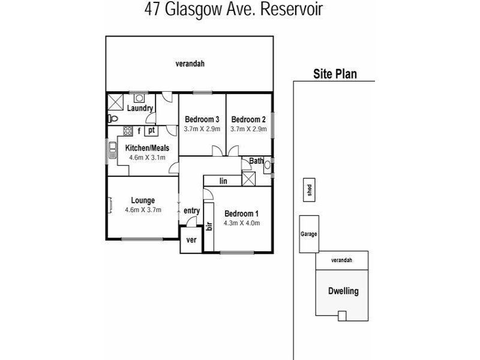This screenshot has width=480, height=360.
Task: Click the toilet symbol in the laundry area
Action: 113,118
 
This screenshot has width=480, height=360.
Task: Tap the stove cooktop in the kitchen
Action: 128,131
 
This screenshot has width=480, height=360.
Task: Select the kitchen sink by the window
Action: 113,151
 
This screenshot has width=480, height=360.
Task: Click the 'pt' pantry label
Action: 151,130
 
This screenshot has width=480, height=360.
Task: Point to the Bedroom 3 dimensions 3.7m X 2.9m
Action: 202,129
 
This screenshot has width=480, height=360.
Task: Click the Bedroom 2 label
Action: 248,119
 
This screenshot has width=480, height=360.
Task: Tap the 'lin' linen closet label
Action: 223,181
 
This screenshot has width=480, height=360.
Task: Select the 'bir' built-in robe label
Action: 209,226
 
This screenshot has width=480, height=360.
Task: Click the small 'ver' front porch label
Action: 191,240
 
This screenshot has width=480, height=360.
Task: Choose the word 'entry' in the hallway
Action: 191,211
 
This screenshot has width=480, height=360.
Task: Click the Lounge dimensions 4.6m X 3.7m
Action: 143,210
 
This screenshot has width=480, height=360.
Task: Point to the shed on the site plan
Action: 309,190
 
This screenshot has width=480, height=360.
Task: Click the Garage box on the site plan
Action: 309,234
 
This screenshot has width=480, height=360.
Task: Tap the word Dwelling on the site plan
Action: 343,291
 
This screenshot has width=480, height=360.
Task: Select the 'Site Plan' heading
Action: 335,74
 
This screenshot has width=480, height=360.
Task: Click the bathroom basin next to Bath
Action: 267,166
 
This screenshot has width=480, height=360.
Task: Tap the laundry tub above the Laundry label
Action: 139,98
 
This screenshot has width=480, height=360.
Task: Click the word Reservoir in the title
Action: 292,9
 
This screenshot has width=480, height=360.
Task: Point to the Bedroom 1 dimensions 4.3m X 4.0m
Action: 242,223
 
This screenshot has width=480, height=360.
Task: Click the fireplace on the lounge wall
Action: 110,205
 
